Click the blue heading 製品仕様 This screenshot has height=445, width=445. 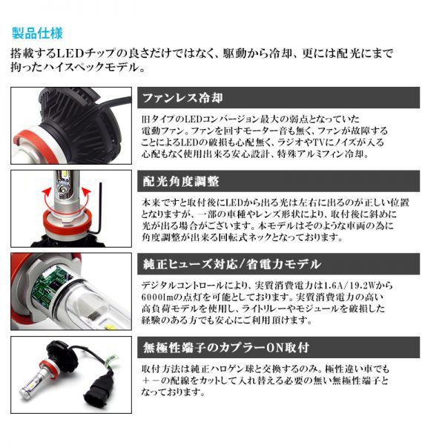point(37,33)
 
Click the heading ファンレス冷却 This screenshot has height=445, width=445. point(182,98)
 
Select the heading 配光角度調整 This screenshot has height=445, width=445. point(181,182)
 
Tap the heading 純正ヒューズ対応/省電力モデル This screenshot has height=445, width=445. point(232,264)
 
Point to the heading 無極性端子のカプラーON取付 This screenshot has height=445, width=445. point(226,347)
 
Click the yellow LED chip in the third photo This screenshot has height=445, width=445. point(111,326)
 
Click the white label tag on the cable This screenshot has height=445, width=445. point(110,362)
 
